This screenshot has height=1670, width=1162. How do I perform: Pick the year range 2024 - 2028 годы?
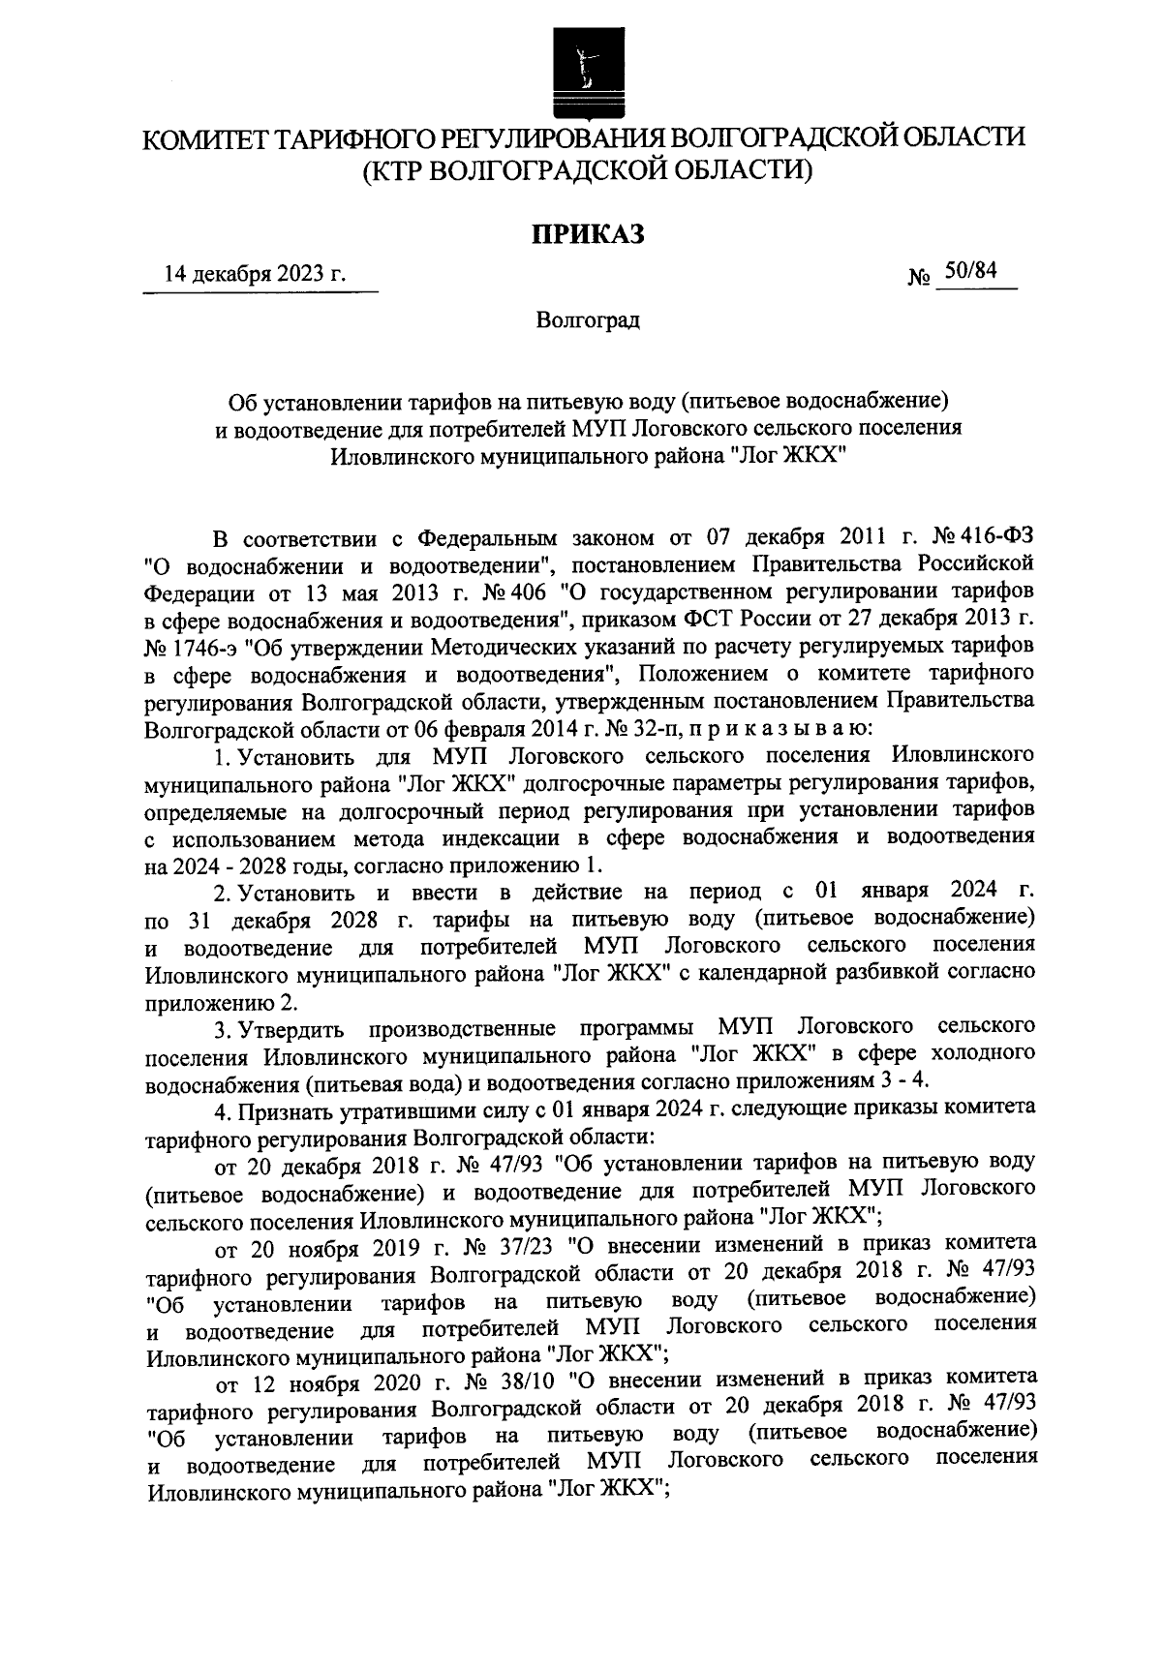tap(248, 865)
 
